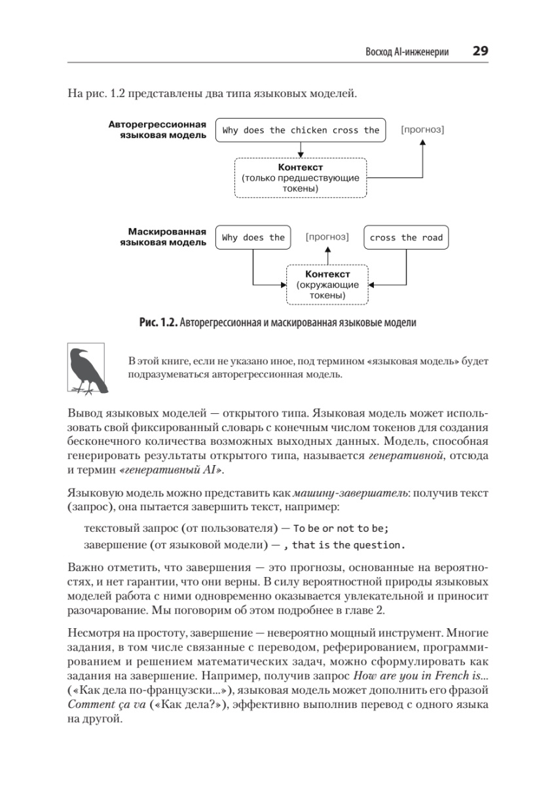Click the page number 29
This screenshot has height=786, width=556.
(481, 52)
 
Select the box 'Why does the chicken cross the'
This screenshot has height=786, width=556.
(301, 130)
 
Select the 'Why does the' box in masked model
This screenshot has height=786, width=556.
(253, 238)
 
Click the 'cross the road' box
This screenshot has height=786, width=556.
(406, 238)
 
